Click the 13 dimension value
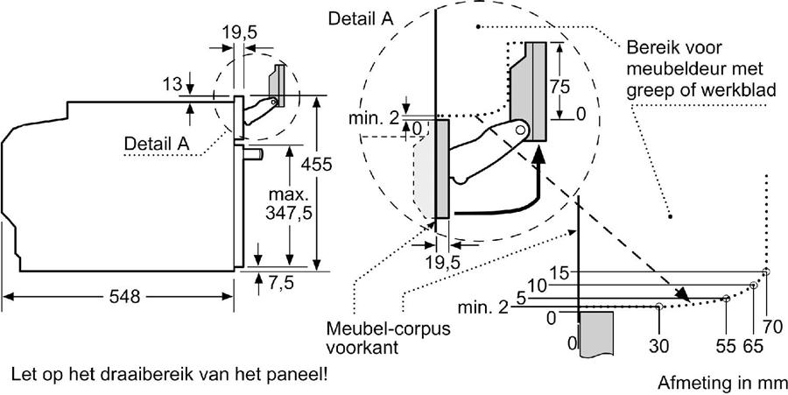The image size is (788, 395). click(x=172, y=84)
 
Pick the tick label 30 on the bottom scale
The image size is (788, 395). click(x=658, y=345)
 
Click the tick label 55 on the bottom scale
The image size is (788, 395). click(x=725, y=345)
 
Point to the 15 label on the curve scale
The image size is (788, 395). click(x=560, y=273)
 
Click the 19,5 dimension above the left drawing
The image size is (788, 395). click(x=239, y=33)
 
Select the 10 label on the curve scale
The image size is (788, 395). click(x=538, y=285)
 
